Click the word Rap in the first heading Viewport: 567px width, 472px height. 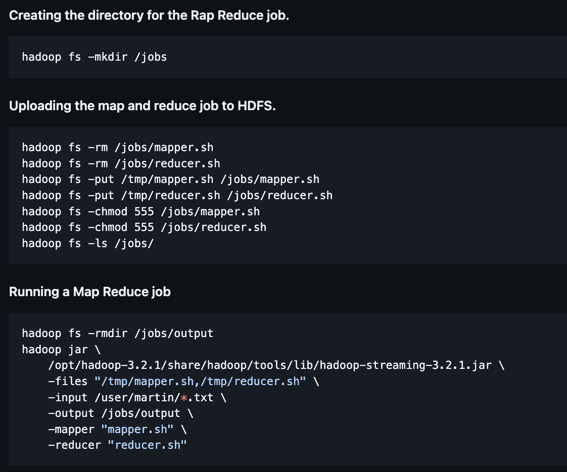(x=203, y=15)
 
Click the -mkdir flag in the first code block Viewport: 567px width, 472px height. (x=108, y=57)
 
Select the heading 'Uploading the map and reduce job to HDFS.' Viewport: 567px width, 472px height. (x=143, y=106)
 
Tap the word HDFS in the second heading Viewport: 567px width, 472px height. (x=256, y=106)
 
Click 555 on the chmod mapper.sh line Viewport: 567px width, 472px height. (x=144, y=211)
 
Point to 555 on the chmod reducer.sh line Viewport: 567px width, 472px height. (x=144, y=227)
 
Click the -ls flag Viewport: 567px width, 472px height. (x=98, y=243)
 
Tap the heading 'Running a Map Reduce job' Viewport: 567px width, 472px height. (x=89, y=292)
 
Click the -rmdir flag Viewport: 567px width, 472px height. (x=108, y=334)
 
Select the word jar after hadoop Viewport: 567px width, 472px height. (x=78, y=349)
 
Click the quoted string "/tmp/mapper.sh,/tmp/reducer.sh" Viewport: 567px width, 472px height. (x=200, y=382)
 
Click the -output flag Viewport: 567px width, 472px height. (x=71, y=413)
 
